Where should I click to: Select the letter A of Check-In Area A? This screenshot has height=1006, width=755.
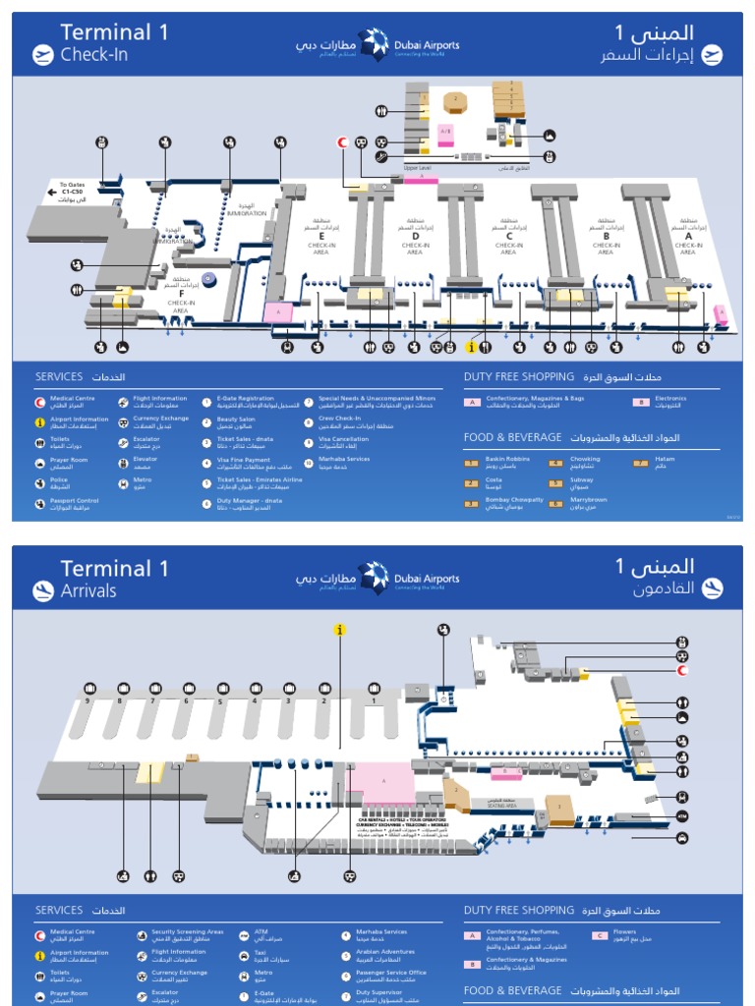pyautogui.click(x=688, y=237)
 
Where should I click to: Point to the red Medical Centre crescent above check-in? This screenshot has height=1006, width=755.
pyautogui.click(x=343, y=141)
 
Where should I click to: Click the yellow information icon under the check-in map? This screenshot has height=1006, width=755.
pyautogui.click(x=471, y=347)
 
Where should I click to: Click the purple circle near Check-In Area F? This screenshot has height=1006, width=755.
pyautogui.click(x=208, y=279)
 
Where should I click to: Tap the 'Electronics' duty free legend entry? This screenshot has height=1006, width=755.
pyautogui.click(x=670, y=401)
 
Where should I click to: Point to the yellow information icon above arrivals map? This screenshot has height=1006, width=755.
pyautogui.click(x=340, y=630)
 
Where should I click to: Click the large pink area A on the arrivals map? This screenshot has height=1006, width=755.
pyautogui.click(x=385, y=779)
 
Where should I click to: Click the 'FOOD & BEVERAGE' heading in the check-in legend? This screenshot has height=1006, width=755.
pyautogui.click(x=511, y=437)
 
